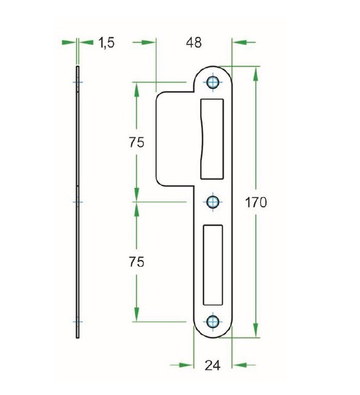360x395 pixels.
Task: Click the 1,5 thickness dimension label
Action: point(106,42)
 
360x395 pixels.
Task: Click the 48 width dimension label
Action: point(194,42)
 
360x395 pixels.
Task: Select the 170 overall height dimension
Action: point(256,202)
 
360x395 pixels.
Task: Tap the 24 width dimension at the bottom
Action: point(213,365)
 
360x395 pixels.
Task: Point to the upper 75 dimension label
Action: point(136,143)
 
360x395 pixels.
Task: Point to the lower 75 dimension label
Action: point(136,262)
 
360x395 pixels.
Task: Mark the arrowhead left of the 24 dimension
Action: point(185,365)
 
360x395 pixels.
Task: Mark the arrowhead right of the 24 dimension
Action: point(240,365)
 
